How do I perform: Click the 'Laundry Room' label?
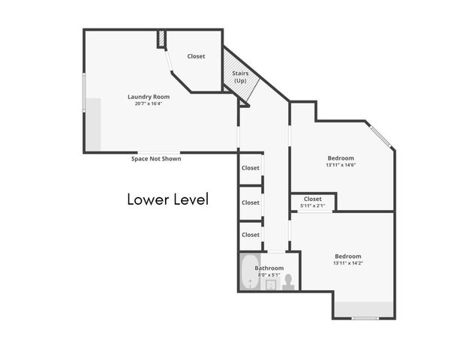point(149,97)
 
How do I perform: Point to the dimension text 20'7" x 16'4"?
point(149,104)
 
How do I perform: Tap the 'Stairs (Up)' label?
point(241,76)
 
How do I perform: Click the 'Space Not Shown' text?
point(156,159)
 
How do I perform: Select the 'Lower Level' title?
point(167,199)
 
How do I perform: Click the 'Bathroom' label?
point(269,268)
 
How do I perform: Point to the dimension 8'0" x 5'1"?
point(269,275)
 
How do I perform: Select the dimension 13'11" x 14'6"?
point(341,165)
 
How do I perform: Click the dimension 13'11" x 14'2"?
point(347,263)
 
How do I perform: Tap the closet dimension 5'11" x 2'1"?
point(313,205)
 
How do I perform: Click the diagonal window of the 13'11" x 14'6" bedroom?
point(381,136)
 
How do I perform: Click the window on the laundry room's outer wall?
point(84,93)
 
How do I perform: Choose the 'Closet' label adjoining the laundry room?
point(197,56)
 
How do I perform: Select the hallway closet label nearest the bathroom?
point(251,235)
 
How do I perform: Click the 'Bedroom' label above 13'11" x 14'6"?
point(341,157)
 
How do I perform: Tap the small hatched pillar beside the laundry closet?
point(161,39)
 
